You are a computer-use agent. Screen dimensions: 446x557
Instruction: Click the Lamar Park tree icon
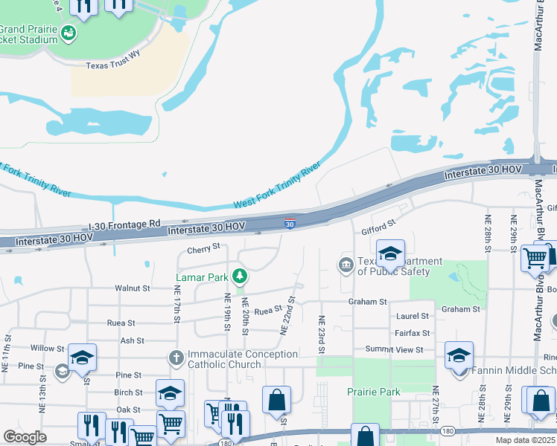point(239,277)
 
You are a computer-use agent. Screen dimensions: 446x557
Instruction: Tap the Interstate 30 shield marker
point(290,222)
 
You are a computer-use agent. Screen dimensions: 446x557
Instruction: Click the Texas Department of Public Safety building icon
point(346,265)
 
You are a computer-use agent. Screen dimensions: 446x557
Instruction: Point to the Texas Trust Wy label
point(112,65)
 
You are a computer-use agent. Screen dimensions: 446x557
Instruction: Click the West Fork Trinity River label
point(278,183)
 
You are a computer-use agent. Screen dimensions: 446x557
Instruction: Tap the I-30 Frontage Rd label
point(124,223)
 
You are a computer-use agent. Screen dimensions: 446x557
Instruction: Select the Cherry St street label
point(204,248)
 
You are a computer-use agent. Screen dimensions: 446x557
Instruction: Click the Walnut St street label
point(133,288)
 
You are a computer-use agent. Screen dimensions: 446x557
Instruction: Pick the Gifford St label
point(378,222)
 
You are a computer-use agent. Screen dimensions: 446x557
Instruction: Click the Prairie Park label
point(374,392)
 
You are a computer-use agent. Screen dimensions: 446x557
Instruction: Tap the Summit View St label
point(394,349)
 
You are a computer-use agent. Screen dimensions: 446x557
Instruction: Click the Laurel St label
point(413,316)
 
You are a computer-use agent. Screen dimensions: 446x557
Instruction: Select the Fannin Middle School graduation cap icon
point(459,355)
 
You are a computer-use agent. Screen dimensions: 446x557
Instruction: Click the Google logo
point(25,437)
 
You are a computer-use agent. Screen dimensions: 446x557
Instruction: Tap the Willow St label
point(48,348)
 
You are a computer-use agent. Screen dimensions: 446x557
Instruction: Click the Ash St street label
point(132,340)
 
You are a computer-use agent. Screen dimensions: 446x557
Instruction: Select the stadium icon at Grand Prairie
point(69,33)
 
